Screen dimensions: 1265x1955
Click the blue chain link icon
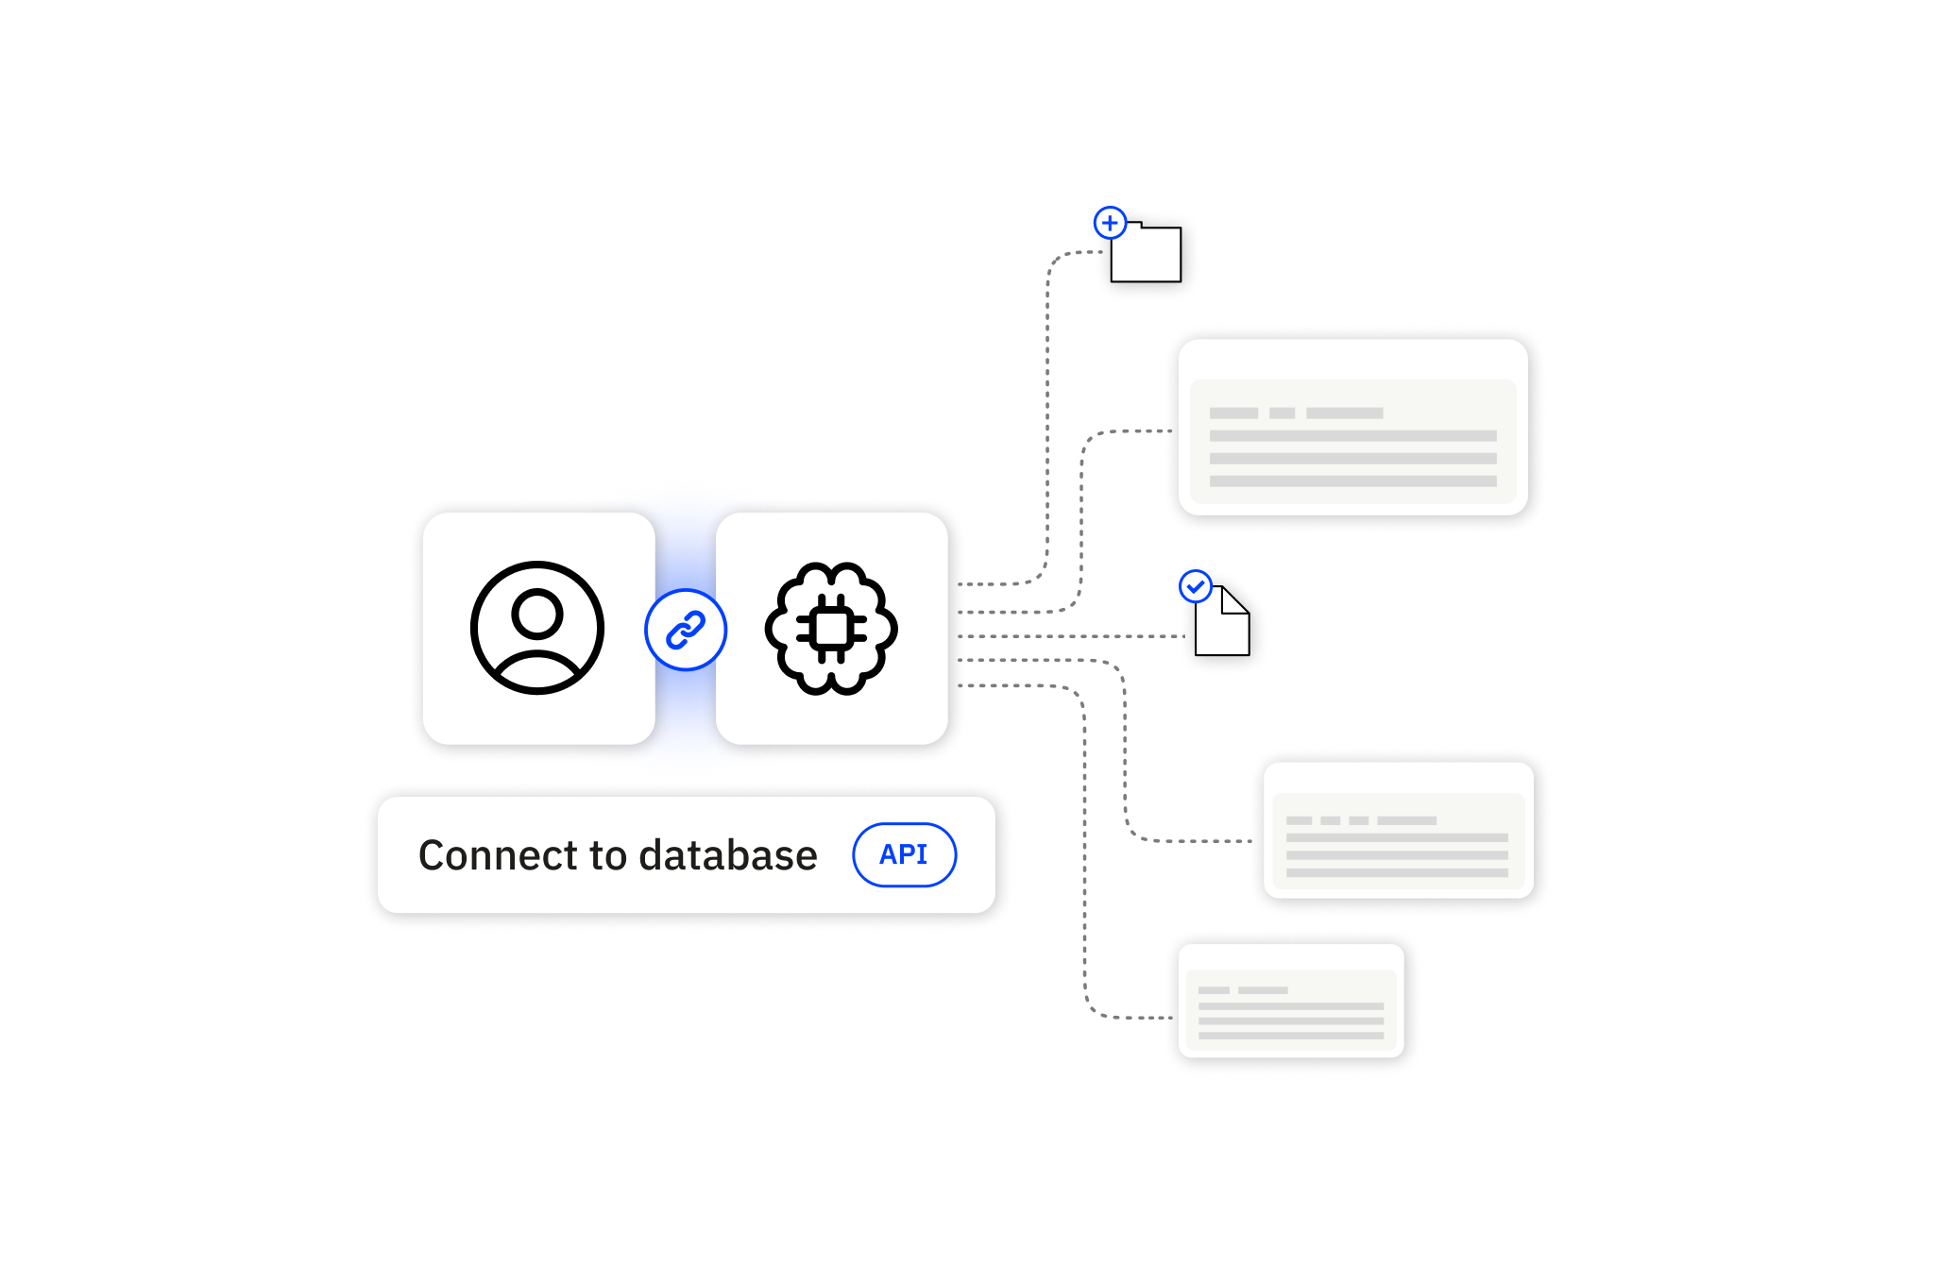(686, 630)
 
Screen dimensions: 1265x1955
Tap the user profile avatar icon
(537, 628)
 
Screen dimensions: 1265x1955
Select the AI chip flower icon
(831, 629)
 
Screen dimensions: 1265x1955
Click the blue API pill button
(904, 854)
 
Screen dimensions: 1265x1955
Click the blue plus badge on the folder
(1110, 224)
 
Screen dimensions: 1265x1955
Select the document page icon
(1221, 623)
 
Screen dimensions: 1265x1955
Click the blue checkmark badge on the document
(1196, 586)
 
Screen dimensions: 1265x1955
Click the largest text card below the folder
(1352, 428)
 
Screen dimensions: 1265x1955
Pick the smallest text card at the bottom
(1291, 1001)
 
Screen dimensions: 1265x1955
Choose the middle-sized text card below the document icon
(1398, 830)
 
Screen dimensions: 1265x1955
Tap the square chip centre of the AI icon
(831, 629)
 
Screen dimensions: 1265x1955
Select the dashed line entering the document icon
(1077, 636)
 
